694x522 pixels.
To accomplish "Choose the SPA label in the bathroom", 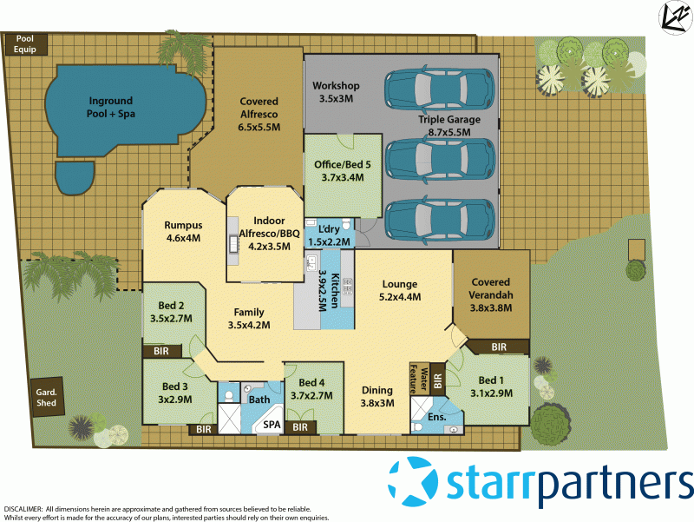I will click(272, 425).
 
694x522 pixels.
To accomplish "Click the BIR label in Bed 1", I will click(498, 347).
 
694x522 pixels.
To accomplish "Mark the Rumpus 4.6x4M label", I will click(183, 231).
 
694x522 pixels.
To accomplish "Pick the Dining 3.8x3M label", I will click(376, 396).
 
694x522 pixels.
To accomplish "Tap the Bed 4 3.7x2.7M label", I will click(314, 388).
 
